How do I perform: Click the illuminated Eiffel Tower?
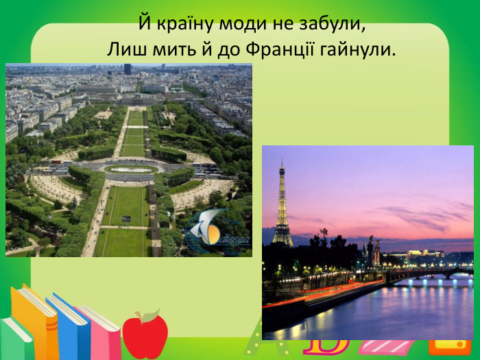[282, 206]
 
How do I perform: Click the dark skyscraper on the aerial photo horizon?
[128, 69]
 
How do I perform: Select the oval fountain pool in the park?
[131, 169]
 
